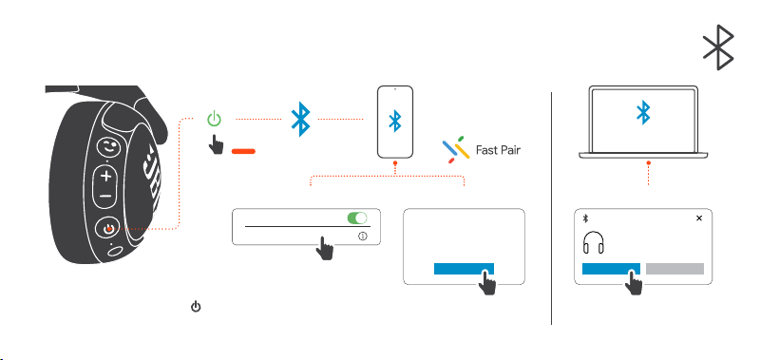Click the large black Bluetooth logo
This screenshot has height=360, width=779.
click(x=719, y=47)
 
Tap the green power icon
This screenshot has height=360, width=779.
click(x=214, y=120)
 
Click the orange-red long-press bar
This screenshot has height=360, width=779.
click(x=243, y=151)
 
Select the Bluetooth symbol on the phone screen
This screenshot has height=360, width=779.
click(x=395, y=121)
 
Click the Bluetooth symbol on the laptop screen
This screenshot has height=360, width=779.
click(x=644, y=112)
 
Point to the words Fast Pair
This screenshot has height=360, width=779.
click(x=499, y=150)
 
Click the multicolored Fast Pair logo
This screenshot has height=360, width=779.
click(x=456, y=149)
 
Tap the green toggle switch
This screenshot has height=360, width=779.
click(x=357, y=218)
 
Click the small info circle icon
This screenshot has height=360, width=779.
click(x=363, y=237)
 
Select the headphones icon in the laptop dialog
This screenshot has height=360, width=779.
click(x=593, y=243)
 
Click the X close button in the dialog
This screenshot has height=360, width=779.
click(x=699, y=218)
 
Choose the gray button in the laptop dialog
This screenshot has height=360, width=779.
click(x=674, y=269)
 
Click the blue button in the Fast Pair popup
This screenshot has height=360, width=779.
click(x=464, y=269)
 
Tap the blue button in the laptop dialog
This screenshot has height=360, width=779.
click(x=611, y=269)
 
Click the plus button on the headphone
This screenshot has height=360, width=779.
click(x=105, y=176)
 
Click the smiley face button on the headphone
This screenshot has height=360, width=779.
click(x=108, y=147)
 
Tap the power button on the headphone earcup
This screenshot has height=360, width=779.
click(x=107, y=229)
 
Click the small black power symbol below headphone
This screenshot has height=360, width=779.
click(x=197, y=307)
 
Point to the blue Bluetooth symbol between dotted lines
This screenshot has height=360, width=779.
click(x=300, y=120)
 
